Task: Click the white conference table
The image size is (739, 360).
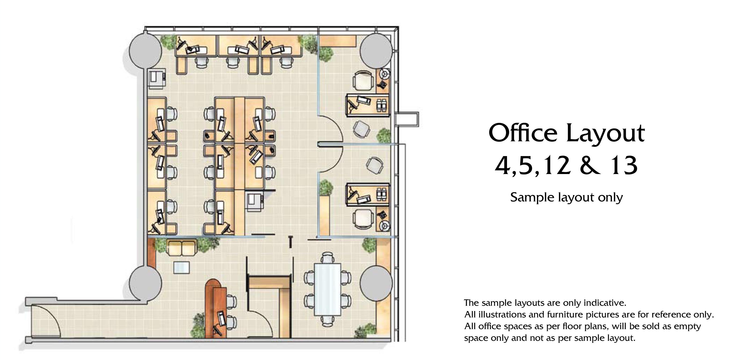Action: pos(328,289)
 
